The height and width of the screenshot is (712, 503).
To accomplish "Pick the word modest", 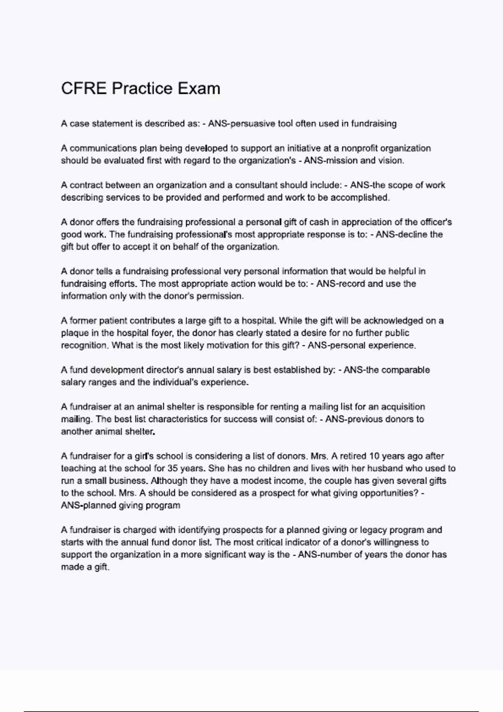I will click(249, 481).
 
